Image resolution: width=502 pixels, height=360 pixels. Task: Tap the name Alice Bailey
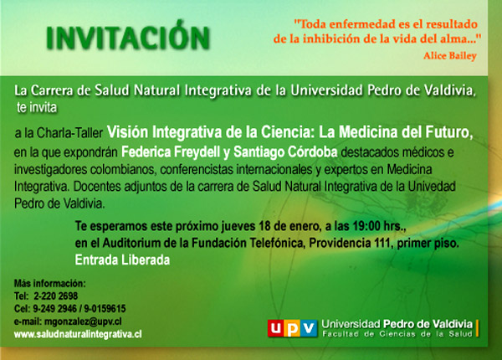click(450, 56)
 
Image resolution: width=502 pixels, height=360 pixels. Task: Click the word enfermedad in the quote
click(359, 24)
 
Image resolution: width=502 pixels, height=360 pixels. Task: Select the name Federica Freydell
click(171, 152)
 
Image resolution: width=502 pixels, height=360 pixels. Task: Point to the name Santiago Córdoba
click(285, 152)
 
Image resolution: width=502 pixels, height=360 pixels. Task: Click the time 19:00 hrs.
click(379, 226)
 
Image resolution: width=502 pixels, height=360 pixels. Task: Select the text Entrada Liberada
click(122, 260)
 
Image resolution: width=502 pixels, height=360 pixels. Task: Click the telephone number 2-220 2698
click(56, 296)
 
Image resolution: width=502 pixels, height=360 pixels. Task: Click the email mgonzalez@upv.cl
click(83, 321)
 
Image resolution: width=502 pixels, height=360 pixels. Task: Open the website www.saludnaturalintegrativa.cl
click(78, 334)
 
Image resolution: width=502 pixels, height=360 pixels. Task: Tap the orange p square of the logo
click(292, 328)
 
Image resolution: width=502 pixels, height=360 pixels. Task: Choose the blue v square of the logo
click(309, 328)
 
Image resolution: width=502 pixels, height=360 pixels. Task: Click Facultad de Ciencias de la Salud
click(397, 334)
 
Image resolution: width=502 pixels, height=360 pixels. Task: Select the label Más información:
click(50, 284)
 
